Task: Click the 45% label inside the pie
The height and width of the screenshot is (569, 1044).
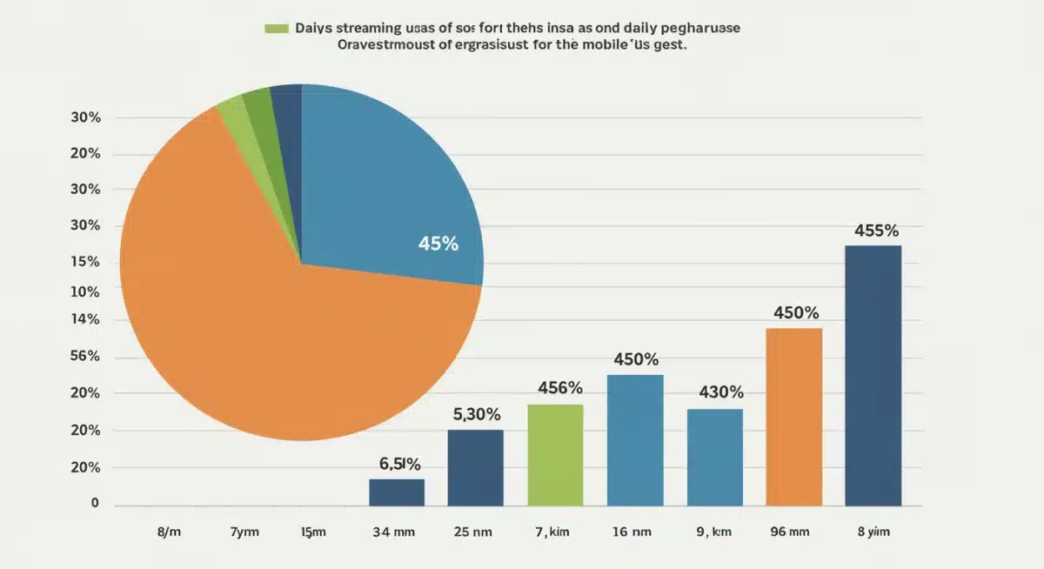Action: [x=438, y=244]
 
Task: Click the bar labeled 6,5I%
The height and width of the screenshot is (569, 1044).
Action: [x=397, y=492]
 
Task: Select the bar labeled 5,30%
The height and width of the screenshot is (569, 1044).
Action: [x=475, y=468]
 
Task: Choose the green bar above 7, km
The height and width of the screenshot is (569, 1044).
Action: [x=555, y=455]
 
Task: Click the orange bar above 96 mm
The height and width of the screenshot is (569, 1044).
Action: [x=793, y=417]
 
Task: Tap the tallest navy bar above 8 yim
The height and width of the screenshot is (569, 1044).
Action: [x=873, y=375]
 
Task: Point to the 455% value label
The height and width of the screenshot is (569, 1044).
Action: [x=876, y=231]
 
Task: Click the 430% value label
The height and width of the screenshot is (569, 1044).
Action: [x=720, y=392]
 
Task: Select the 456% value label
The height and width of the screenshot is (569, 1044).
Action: [x=560, y=388]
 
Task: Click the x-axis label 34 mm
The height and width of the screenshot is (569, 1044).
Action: [x=396, y=531]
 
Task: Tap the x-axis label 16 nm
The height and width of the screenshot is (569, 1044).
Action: [x=632, y=531]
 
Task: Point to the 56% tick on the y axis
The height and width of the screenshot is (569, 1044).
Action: [x=84, y=356]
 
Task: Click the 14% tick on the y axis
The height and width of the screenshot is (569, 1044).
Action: [x=84, y=319]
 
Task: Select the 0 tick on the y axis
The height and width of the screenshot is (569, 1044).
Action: [x=95, y=503]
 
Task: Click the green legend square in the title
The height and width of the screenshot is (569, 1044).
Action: [x=276, y=29]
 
